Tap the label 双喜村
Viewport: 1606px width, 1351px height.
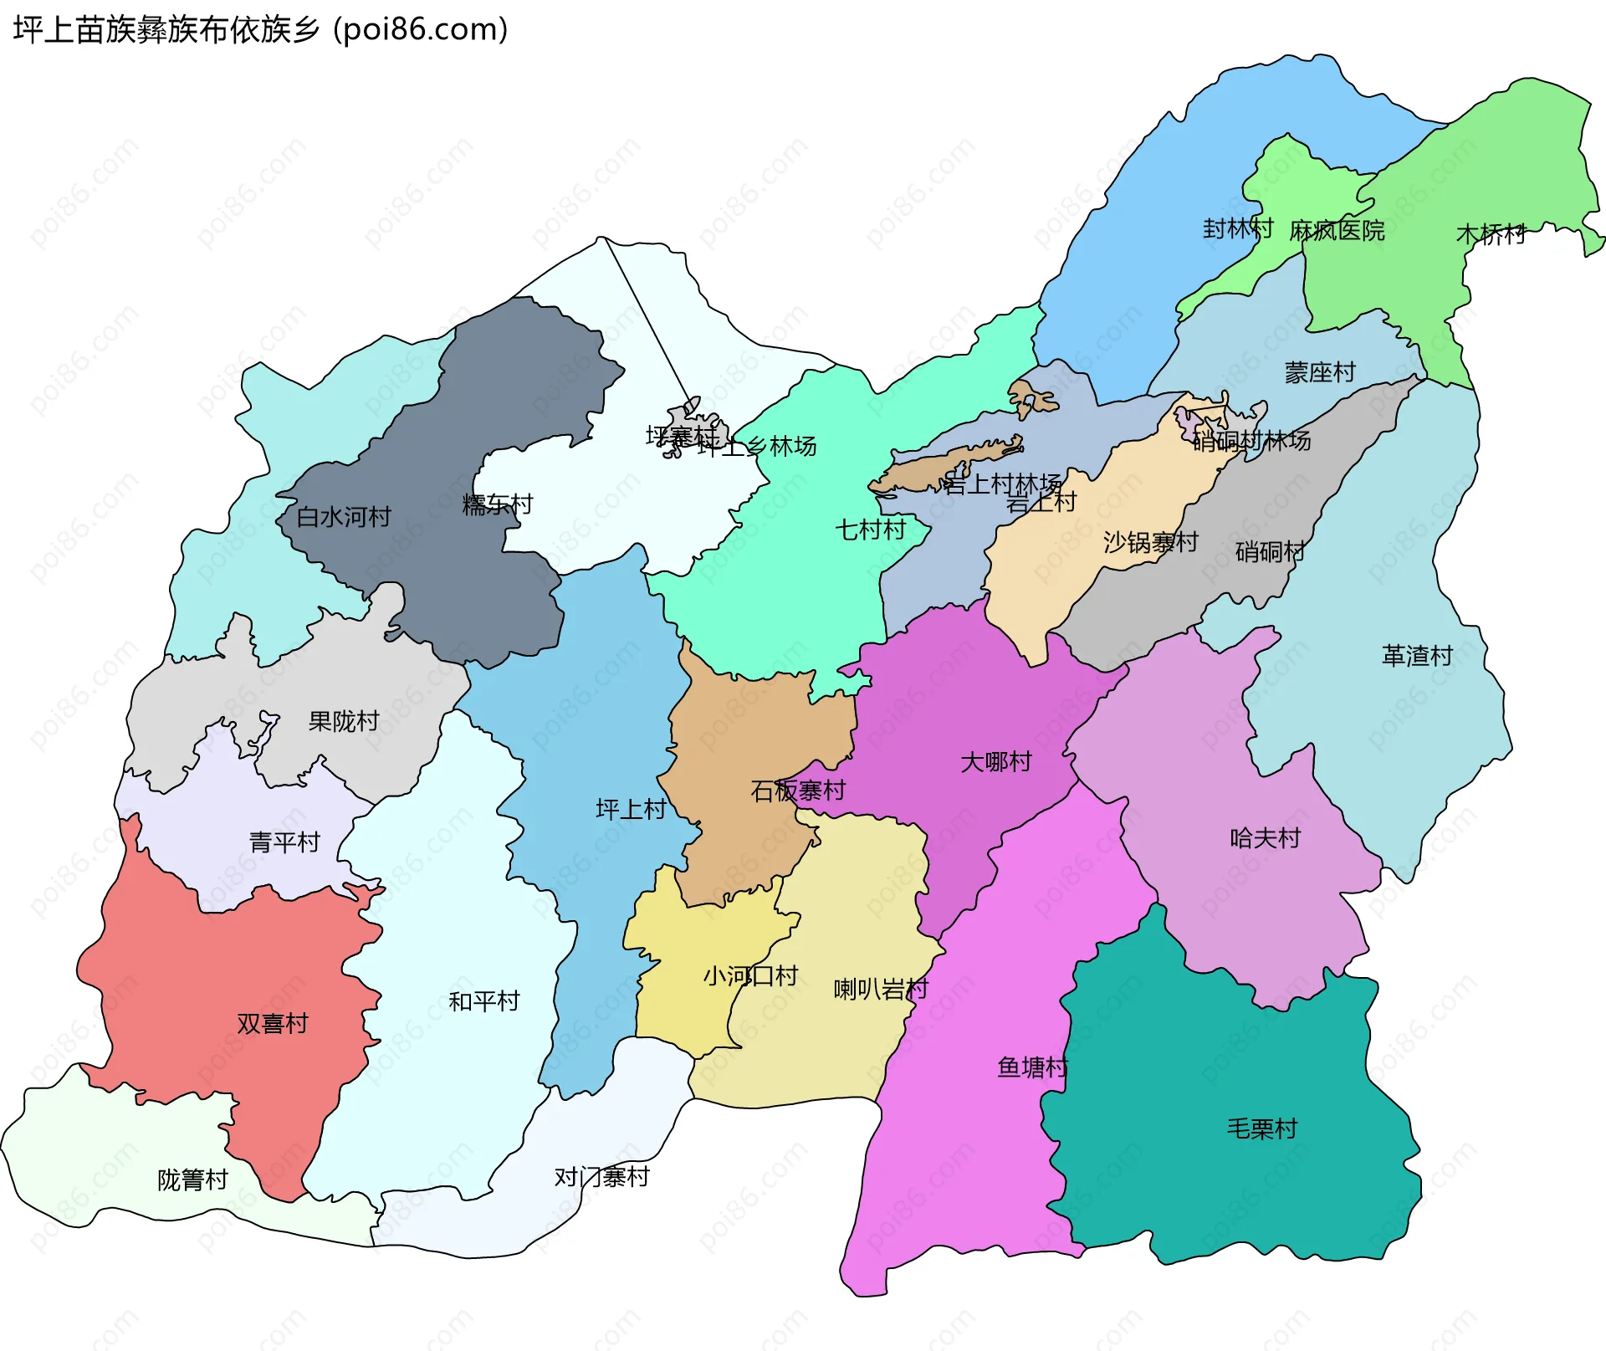pyautogui.click(x=273, y=1024)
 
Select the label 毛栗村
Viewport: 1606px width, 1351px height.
pyautogui.click(x=1262, y=1129)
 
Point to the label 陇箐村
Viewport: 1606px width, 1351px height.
pyautogui.click(x=193, y=1180)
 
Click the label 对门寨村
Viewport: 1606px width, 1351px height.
pyautogui.click(x=602, y=1178)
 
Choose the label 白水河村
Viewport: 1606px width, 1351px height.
pyautogui.click(x=344, y=517)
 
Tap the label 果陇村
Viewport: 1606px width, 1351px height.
pyautogui.click(x=344, y=721)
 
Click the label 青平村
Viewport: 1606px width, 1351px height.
pyautogui.click(x=284, y=842)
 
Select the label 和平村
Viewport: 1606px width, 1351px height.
pyautogui.click(x=484, y=1001)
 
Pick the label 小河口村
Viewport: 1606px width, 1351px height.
pyautogui.click(x=750, y=976)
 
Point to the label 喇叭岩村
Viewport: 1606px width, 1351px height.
pyautogui.click(x=881, y=990)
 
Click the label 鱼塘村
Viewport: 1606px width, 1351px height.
pyautogui.click(x=1033, y=1067)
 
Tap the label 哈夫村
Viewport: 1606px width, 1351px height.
pyautogui.click(x=1266, y=838)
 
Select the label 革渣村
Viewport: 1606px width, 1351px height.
pyautogui.click(x=1418, y=656)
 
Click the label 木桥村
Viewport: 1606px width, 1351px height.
pyautogui.click(x=1491, y=234)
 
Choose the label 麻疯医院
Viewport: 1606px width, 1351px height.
pyautogui.click(x=1337, y=231)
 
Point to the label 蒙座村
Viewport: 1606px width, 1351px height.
pyautogui.click(x=1320, y=372)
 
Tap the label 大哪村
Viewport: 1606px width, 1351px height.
pyautogui.click(x=996, y=762)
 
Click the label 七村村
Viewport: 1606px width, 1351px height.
pyautogui.click(x=871, y=530)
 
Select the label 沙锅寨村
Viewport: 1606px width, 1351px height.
pyautogui.click(x=1151, y=542)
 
